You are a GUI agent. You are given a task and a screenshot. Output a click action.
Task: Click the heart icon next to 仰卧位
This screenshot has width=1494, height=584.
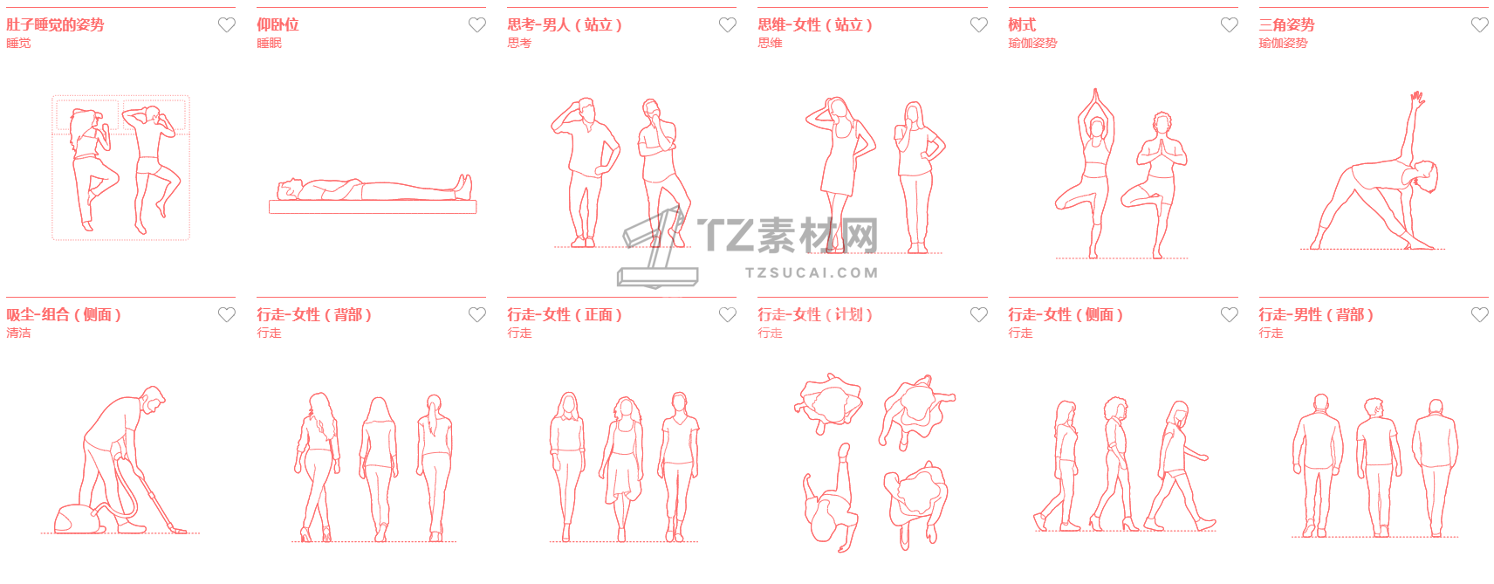476,24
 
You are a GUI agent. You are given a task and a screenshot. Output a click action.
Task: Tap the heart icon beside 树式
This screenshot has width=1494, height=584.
1230,24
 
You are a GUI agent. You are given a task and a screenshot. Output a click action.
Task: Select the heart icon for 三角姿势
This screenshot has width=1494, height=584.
1479,24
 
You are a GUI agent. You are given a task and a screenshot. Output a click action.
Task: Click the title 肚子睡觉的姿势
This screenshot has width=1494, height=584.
55,24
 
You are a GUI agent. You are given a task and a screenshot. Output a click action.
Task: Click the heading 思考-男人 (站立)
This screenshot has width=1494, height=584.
565,24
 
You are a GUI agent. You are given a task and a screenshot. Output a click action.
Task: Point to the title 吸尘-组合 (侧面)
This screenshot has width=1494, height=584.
64,314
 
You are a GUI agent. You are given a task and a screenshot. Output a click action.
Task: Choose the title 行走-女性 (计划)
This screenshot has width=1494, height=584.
815,314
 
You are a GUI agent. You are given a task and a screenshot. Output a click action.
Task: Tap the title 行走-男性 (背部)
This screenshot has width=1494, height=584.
1316,314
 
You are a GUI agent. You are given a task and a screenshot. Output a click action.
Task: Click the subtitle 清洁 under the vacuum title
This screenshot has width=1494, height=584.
18,333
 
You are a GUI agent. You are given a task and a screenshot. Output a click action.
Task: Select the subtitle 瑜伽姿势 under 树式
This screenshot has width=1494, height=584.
1032,43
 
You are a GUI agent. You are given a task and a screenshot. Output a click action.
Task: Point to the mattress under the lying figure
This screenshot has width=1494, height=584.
372,207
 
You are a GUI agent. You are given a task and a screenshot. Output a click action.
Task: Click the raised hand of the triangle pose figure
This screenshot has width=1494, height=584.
1417,99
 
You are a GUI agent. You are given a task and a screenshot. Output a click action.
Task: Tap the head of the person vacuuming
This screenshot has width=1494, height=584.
154,398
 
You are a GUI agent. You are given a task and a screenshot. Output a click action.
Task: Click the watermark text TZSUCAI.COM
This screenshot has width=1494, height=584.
812,272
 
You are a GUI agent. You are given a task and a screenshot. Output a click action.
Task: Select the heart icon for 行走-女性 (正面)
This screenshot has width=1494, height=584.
728,314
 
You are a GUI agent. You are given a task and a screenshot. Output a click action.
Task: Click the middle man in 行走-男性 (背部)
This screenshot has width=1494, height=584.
1376,466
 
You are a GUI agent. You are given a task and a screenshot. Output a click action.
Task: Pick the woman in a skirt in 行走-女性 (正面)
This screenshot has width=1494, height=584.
623,467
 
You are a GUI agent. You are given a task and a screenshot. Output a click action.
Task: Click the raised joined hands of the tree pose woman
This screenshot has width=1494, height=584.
1095,101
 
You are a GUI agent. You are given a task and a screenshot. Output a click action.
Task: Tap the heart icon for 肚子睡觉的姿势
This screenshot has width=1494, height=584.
227,24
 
